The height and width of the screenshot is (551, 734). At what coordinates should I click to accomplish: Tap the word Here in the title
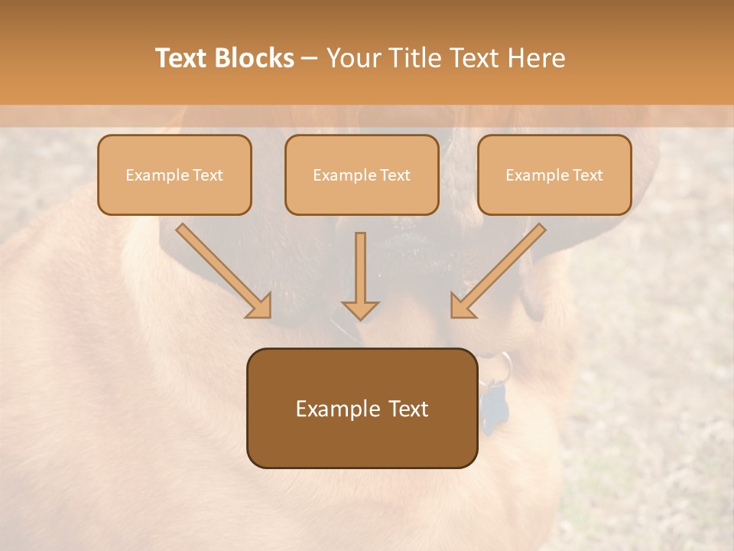[x=535, y=58]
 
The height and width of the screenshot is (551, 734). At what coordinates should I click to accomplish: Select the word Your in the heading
[x=355, y=58]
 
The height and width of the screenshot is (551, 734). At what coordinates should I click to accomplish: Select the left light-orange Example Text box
[x=174, y=174]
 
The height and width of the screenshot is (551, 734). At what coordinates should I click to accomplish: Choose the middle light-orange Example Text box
[x=362, y=174]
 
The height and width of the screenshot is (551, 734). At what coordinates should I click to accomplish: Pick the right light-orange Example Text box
[x=554, y=174]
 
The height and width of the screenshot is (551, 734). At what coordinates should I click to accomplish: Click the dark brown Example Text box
[x=362, y=408]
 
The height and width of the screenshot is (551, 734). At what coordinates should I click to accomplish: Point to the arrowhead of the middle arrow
[x=360, y=311]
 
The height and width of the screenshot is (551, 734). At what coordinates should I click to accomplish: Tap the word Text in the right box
[x=588, y=175]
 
